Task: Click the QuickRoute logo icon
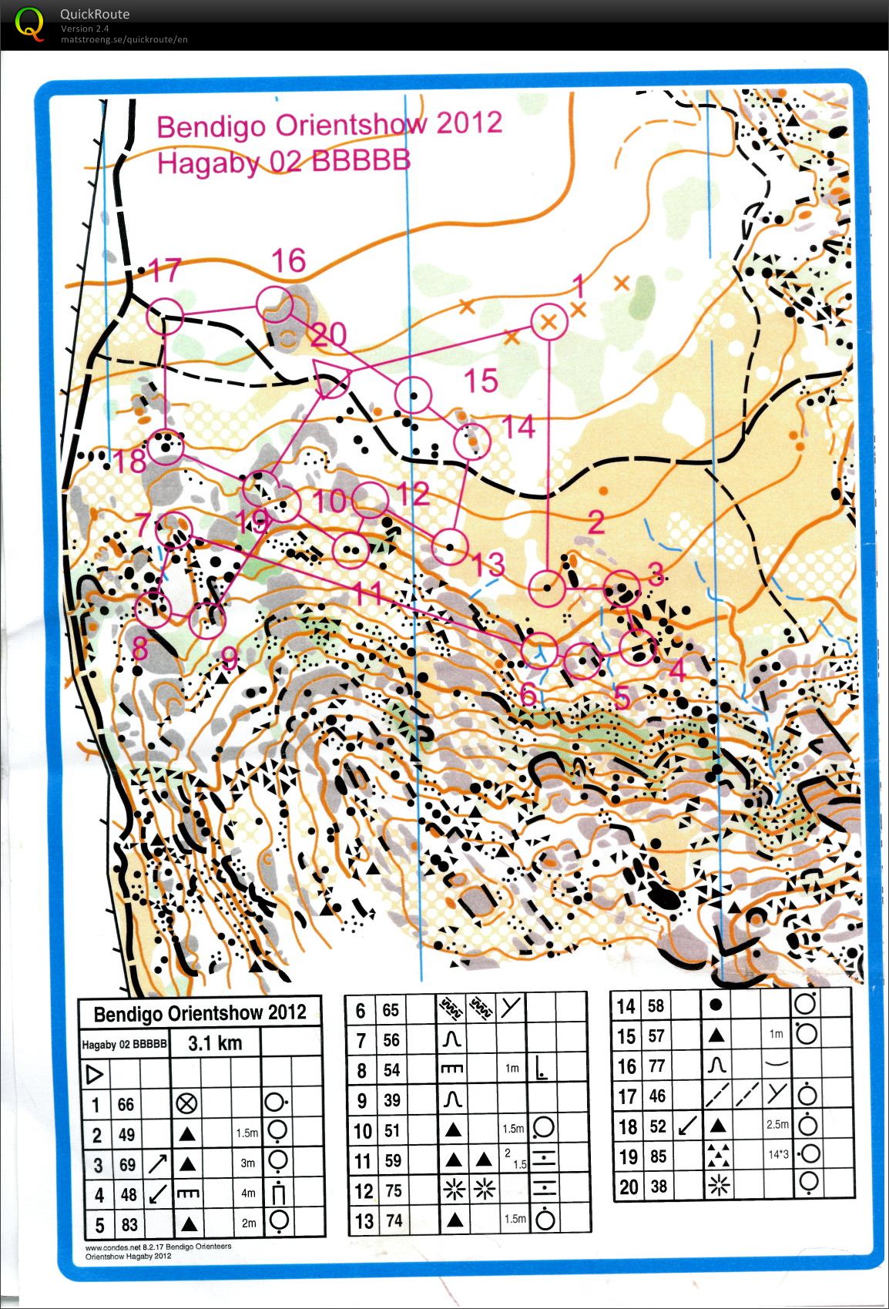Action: (x=29, y=23)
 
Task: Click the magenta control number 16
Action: (x=288, y=261)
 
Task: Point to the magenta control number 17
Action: (x=164, y=270)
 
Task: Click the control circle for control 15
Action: (x=413, y=395)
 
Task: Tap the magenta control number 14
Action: (x=518, y=427)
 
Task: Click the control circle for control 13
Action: (x=450, y=547)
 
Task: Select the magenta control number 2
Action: (x=595, y=523)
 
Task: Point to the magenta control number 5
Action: (x=622, y=696)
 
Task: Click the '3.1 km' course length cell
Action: (x=215, y=1043)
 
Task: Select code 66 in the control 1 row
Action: (x=126, y=1105)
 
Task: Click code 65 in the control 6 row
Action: (x=391, y=1010)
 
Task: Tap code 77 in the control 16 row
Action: (x=656, y=1066)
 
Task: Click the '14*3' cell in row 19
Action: (x=777, y=1154)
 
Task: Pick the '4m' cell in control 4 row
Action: (x=247, y=1193)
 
